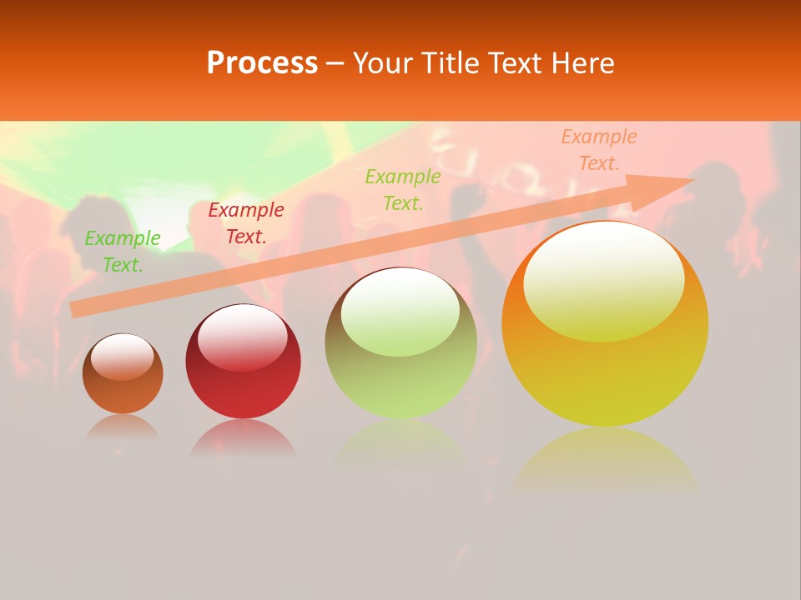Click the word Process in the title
pyautogui.click(x=262, y=62)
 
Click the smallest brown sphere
pyautogui.click(x=123, y=387)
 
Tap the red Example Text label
pyautogui.click(x=246, y=223)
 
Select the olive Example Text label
pyautogui.click(x=403, y=189)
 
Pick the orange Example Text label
pyautogui.click(x=599, y=150)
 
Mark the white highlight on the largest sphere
pyautogui.click(x=604, y=282)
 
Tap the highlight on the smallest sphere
pyautogui.click(x=123, y=356)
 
